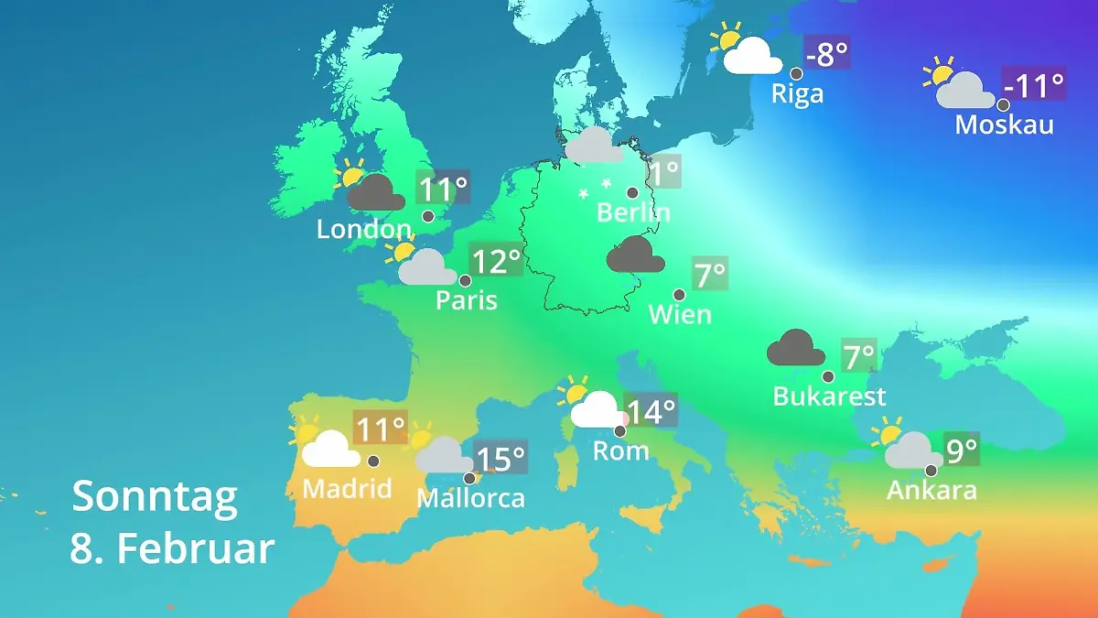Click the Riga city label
point(797,93)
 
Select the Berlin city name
point(633,212)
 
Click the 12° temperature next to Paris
point(495,262)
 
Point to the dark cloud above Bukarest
point(796,349)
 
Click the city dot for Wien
point(679,295)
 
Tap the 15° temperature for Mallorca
point(501,457)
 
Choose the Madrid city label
point(347,488)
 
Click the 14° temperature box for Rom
point(651,411)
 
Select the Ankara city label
point(931,490)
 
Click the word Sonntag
point(155,496)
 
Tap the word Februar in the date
point(196,548)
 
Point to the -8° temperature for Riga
point(826,54)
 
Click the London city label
point(363,229)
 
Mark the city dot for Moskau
point(1003,104)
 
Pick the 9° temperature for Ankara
point(961,450)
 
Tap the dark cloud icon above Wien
point(635,255)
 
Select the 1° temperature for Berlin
point(664,171)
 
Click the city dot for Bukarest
point(828,376)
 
